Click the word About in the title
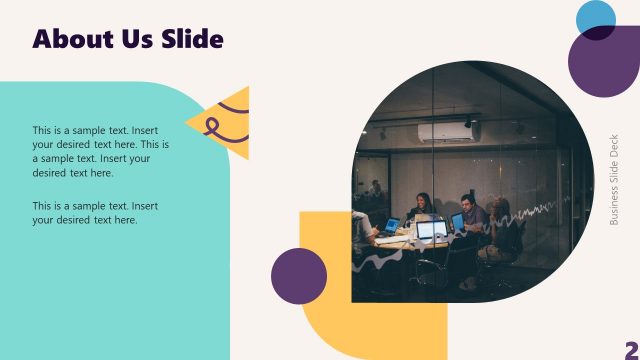coord(73,39)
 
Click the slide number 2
coord(631,347)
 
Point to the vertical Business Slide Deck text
coord(614,180)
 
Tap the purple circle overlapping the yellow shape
coord(299,275)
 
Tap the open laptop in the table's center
coord(432,231)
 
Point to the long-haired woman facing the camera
coord(422,207)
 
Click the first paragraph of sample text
coord(100,151)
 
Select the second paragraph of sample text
coord(95,213)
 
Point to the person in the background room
coord(376,187)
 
